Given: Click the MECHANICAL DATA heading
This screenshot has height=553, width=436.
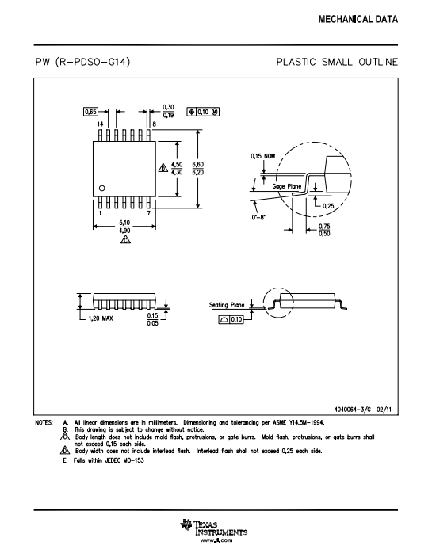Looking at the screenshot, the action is coord(358,19).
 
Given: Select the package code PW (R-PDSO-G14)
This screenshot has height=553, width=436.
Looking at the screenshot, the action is coord(83,62).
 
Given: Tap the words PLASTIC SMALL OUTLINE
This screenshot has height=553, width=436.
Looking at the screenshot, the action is coord(337,62).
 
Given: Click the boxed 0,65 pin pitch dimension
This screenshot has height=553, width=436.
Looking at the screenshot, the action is coord(90,112).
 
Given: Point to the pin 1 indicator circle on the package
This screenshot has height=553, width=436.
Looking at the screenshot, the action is coord(102,189).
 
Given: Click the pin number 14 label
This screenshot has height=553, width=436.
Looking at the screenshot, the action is coord(100,124).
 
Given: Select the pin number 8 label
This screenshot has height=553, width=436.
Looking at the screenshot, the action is coord(154,124).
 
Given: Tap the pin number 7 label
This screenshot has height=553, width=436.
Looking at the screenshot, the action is coord(149,213).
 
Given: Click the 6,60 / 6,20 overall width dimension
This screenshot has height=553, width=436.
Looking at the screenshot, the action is coord(198,168).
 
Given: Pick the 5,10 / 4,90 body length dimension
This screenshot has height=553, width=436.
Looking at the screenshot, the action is coord(124,227).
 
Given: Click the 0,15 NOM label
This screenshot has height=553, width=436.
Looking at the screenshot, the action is coord(263,156).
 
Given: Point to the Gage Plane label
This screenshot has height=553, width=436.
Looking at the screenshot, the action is coord(287,186).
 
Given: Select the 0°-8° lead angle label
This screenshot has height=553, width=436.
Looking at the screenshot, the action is coord(258,217).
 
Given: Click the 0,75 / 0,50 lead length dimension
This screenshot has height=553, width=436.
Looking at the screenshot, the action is coord(324,230).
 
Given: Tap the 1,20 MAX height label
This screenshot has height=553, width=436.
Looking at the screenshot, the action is coord(101,318).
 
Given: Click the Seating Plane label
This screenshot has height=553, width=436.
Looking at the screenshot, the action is coord(227,305).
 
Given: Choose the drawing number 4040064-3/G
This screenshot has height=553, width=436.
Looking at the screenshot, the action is coord(353,410).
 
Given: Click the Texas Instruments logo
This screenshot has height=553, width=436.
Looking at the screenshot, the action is coord(214,528).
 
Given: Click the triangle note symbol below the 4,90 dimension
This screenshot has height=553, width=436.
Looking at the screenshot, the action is coord(125,239).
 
